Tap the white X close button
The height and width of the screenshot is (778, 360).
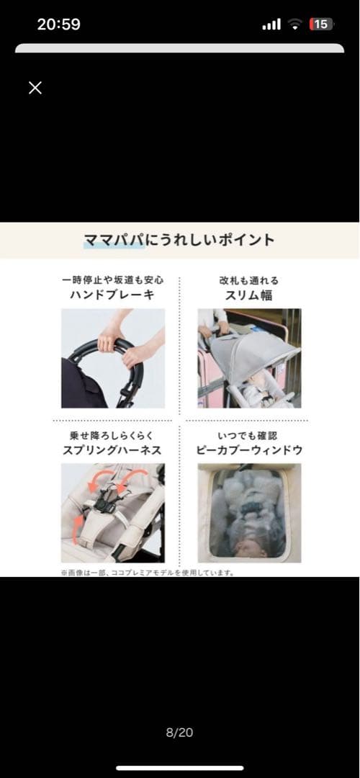(x=35, y=88)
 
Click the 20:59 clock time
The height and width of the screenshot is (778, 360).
(x=59, y=24)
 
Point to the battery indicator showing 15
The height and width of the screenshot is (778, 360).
(x=321, y=24)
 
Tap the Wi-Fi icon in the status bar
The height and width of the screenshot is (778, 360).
(x=294, y=24)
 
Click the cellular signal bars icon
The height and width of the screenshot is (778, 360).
(x=271, y=25)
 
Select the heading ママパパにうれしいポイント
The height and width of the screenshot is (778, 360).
(x=179, y=240)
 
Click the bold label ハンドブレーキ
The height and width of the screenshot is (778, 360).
(x=112, y=295)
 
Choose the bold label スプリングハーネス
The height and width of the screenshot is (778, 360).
(x=112, y=450)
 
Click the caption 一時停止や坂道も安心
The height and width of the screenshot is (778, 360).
(x=112, y=280)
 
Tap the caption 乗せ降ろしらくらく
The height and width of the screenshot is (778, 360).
(x=112, y=436)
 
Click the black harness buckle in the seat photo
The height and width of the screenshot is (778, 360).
(x=108, y=497)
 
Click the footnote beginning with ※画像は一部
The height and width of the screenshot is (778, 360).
(x=148, y=573)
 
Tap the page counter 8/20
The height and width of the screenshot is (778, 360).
(x=179, y=733)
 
